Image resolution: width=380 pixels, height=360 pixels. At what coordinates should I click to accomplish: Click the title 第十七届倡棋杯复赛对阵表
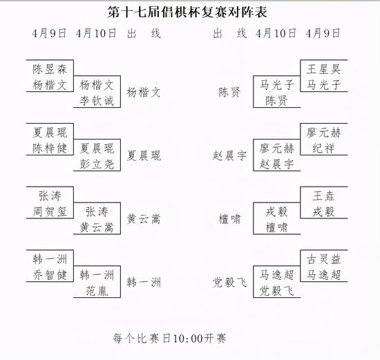click(187, 12)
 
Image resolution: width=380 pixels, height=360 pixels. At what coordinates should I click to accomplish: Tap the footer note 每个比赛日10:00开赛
click(169, 338)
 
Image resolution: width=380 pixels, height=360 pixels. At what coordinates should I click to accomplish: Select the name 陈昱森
click(50, 69)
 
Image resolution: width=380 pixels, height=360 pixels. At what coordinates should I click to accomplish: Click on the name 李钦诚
click(97, 101)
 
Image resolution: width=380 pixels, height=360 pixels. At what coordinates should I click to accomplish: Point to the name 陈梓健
click(50, 149)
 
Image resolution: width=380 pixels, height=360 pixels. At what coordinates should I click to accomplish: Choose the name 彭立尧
click(97, 164)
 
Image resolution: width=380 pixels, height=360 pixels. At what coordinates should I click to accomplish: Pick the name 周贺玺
click(50, 211)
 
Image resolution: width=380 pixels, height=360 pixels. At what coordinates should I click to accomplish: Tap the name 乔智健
click(50, 275)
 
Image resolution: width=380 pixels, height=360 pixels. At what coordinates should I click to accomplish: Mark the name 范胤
click(97, 291)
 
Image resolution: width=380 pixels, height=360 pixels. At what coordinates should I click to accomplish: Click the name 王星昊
click(323, 69)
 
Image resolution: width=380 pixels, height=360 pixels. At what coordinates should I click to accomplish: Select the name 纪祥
click(323, 149)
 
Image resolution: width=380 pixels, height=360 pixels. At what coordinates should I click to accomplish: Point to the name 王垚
click(323, 196)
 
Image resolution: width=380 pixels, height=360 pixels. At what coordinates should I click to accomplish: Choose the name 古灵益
click(323, 259)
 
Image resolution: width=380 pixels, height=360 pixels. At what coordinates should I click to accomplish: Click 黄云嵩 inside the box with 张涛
click(97, 227)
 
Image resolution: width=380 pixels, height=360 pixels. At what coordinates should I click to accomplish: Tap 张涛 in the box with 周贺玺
click(50, 196)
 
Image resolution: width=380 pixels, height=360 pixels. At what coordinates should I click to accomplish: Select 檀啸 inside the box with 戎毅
click(276, 227)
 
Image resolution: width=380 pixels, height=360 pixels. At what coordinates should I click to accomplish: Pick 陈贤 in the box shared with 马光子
click(276, 101)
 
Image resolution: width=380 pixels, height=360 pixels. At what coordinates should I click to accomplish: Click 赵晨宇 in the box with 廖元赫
click(276, 164)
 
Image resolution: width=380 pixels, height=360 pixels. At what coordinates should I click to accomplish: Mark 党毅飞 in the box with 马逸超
click(276, 291)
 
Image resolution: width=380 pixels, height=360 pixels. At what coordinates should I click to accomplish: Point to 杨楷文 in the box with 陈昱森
click(50, 85)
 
